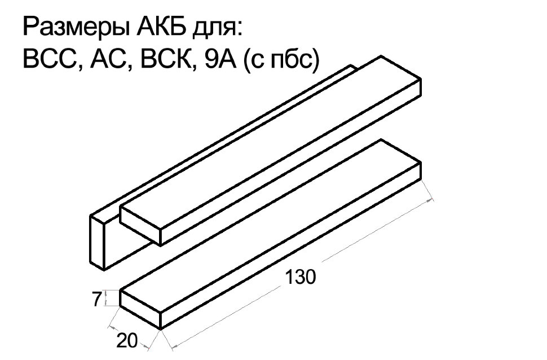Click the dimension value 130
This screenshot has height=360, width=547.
pyautogui.click(x=301, y=277)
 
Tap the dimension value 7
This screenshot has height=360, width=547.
pyautogui.click(x=97, y=299)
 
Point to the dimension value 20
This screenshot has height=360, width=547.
pyautogui.click(x=127, y=340)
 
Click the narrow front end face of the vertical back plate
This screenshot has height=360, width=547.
pyautogui.click(x=98, y=242)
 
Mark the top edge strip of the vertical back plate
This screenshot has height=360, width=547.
pyautogui.click(x=223, y=140)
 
